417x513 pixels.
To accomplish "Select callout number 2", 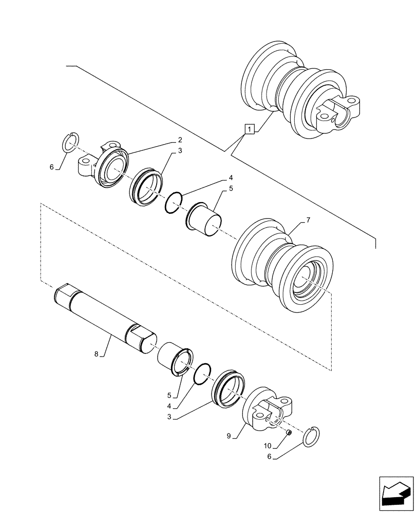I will [x=180, y=140].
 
